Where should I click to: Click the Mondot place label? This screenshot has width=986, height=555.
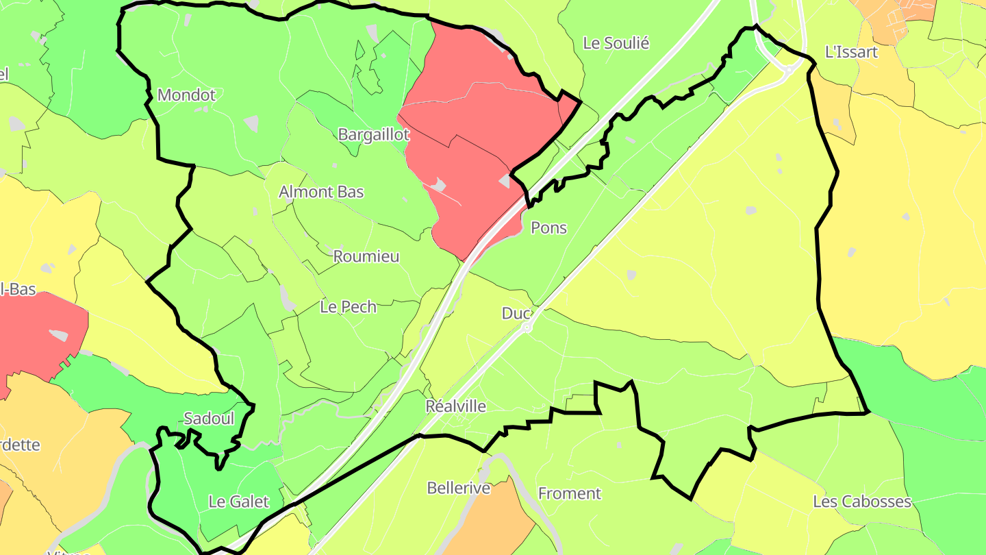(186, 95)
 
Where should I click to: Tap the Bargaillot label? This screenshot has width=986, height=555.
(374, 135)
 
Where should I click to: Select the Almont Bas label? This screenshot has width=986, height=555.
(321, 192)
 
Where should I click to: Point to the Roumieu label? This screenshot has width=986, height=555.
(366, 257)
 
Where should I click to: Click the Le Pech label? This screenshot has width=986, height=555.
(349, 307)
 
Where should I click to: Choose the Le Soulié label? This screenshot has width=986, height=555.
(616, 43)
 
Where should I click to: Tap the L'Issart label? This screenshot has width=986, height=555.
(851, 52)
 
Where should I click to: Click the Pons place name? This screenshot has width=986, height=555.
(549, 228)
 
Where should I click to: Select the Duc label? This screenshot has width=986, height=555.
(516, 314)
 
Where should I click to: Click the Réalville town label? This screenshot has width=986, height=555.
(456, 406)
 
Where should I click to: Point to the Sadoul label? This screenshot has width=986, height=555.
(210, 419)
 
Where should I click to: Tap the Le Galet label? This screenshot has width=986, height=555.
(238, 502)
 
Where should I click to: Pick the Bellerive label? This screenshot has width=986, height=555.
(459, 489)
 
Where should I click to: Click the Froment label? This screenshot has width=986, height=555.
(569, 493)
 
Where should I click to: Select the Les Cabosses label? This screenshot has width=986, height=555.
(862, 502)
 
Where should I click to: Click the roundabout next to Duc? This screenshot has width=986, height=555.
(527, 328)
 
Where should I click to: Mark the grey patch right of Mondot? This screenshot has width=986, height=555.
(251, 123)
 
